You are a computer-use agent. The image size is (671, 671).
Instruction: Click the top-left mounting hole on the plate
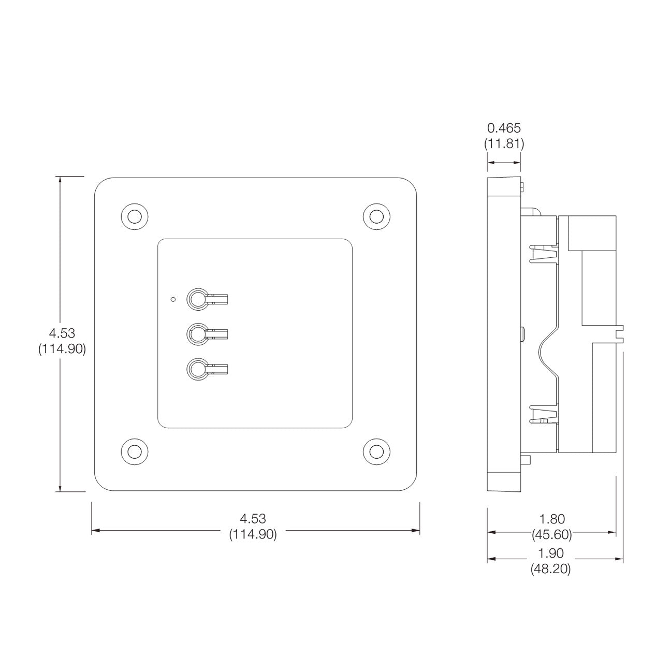[134, 216]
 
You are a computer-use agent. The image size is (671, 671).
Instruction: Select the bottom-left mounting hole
[134, 450]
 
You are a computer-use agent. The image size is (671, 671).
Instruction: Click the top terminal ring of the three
[197, 299]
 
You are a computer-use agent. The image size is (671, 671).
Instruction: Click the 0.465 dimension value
[504, 128]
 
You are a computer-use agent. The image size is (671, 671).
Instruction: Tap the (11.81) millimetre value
[504, 144]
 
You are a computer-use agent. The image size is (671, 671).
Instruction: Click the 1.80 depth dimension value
[551, 518]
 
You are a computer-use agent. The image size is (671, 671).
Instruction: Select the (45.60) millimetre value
[551, 533]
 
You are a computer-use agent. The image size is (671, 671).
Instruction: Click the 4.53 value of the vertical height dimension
[62, 333]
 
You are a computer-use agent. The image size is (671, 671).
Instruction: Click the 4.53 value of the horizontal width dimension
[253, 518]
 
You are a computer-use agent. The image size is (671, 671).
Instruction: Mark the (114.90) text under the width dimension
[253, 534]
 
